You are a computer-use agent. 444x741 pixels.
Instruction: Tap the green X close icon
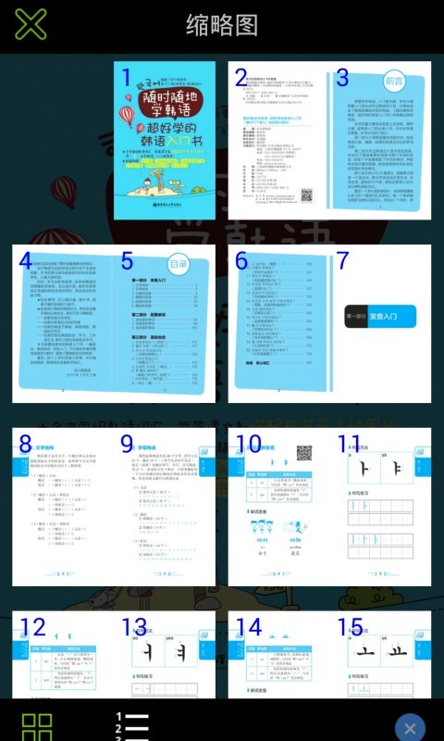pos(31,25)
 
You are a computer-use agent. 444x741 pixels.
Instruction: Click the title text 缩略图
pos(222,25)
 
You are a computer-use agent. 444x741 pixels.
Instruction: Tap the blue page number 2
pos(241,78)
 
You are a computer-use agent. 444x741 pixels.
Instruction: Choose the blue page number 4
pos(26,262)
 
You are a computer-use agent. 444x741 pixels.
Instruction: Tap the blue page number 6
pos(241,262)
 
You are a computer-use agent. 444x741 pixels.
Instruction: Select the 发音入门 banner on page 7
pos(379,317)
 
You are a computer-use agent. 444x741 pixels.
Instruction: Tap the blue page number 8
pos(26,444)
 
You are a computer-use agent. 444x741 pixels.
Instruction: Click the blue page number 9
pos(128,444)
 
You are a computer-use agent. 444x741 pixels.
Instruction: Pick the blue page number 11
pos(349,444)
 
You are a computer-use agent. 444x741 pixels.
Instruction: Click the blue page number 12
pos(32,627)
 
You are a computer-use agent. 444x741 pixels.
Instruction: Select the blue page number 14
pos(249,627)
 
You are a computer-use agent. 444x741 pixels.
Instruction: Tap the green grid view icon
pos(37,726)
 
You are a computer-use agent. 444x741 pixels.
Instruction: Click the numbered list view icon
pos(132,726)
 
